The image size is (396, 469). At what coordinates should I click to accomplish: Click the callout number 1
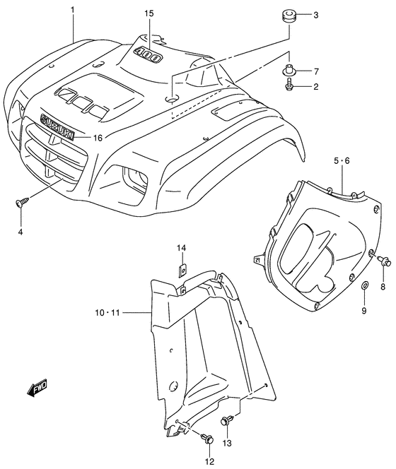point(73,11)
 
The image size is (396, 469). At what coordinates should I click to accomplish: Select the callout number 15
point(148,14)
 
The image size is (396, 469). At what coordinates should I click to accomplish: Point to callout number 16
point(98,138)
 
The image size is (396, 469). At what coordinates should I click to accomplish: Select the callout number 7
point(316,71)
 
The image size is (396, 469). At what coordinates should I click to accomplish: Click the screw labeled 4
point(22,203)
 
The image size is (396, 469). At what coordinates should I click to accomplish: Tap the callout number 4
point(21,232)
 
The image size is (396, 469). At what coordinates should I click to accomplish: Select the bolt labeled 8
point(385,262)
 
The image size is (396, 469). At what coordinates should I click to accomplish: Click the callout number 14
point(182,248)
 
